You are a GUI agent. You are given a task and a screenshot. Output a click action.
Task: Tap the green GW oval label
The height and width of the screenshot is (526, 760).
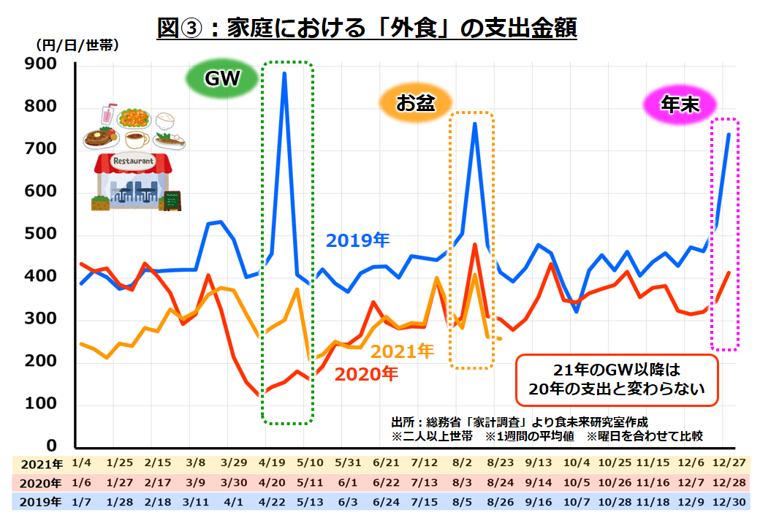[x=222, y=79]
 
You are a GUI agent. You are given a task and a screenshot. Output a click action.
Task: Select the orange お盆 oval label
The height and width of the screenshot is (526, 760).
[x=415, y=104]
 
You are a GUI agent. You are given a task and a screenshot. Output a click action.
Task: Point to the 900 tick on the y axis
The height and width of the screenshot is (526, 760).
[x=41, y=64]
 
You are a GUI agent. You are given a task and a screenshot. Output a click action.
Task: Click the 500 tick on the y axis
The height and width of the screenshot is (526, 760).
[x=41, y=235]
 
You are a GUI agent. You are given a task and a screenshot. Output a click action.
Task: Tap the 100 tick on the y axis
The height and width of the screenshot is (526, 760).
[x=41, y=405]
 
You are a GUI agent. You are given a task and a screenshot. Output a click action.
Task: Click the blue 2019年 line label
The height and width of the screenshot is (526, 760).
[x=358, y=240]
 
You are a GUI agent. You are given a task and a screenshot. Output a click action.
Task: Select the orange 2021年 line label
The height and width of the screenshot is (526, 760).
[x=402, y=351]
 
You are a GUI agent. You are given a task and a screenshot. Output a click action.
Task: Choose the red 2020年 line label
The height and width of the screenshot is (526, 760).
[x=366, y=375]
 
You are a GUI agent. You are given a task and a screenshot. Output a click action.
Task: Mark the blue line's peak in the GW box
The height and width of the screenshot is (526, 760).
[x=284, y=73]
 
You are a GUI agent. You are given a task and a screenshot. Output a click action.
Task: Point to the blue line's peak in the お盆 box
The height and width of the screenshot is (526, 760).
[x=475, y=123]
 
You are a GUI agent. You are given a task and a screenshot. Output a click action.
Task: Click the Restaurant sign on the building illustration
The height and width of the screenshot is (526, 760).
[x=132, y=161]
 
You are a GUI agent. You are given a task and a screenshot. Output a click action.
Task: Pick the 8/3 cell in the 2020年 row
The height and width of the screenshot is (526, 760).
[x=462, y=482]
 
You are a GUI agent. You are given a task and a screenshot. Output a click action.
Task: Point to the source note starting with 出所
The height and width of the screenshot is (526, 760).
[x=519, y=423]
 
